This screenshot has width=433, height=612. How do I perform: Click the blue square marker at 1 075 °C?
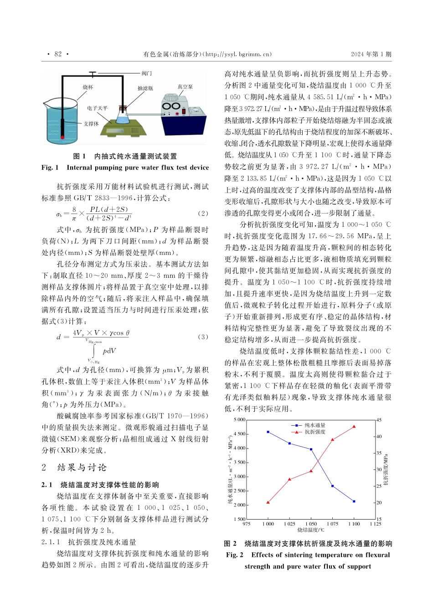pyautogui.click(x=333, y=486)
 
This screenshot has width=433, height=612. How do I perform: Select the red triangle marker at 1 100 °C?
pyautogui.click(x=354, y=427)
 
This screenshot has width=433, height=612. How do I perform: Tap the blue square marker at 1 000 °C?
pyautogui.click(x=268, y=432)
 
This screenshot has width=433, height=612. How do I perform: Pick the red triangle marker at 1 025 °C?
pyautogui.click(x=289, y=479)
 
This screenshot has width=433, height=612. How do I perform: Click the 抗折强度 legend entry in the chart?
pyautogui.click(x=314, y=432)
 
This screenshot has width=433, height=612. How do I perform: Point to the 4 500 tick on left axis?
pyautogui.click(x=239, y=434)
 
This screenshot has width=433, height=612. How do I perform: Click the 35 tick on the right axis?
pyautogui.click(x=379, y=453)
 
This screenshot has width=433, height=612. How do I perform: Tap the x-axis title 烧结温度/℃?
pyautogui.click(x=311, y=530)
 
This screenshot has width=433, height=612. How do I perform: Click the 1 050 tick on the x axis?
pyautogui.click(x=311, y=524)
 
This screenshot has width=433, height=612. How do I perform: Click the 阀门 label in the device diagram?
pyautogui.click(x=147, y=73)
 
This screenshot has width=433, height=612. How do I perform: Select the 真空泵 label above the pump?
pyautogui.click(x=186, y=87)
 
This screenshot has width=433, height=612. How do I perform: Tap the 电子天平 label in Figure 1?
pyautogui.click(x=98, y=108)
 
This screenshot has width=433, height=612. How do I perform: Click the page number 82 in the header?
pyautogui.click(x=58, y=54)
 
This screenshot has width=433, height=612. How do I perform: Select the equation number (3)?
pyautogui.click(x=203, y=337)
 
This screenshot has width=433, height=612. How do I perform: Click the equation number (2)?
pyautogui.click(x=203, y=213)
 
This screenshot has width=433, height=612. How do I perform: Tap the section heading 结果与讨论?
pyautogui.click(x=82, y=468)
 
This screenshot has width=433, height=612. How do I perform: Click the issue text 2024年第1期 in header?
pyautogui.click(x=371, y=54)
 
